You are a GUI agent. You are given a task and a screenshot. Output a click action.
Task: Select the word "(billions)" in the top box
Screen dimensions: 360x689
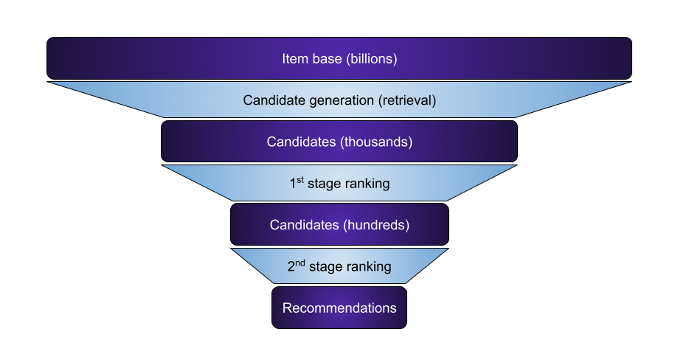tap(371, 58)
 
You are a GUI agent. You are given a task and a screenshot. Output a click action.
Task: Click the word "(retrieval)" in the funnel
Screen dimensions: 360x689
tap(406, 100)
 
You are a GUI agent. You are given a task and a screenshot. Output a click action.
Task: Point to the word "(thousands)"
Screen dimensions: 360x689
tap(376, 142)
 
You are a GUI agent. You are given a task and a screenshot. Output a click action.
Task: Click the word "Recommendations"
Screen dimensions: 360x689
tap(339, 308)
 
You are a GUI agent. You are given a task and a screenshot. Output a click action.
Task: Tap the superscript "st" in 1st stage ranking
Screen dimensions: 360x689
tap(300, 180)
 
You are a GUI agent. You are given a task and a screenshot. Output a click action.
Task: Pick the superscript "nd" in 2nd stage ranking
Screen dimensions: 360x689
tap(301, 263)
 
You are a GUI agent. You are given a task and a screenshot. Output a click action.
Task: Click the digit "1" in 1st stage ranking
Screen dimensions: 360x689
tap(293, 184)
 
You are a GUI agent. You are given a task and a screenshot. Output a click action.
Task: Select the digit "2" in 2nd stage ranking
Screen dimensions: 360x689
tap(291, 267)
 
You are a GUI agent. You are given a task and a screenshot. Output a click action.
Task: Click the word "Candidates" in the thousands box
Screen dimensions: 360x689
tap(301, 142)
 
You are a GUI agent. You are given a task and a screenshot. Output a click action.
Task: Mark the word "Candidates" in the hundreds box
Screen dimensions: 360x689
tap(304, 224)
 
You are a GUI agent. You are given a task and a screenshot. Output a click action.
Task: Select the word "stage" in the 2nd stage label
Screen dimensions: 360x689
tap(326, 267)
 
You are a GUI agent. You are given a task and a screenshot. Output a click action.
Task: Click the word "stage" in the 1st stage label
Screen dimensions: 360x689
tap(325, 184)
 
